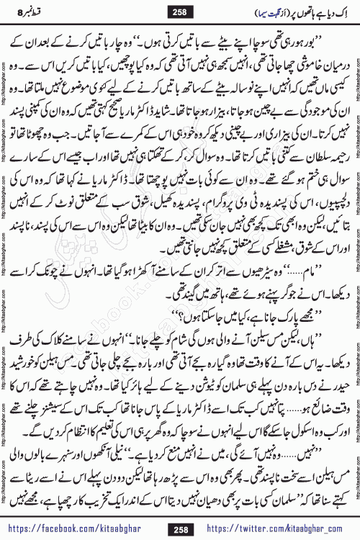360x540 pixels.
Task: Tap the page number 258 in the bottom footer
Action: coord(179,529)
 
